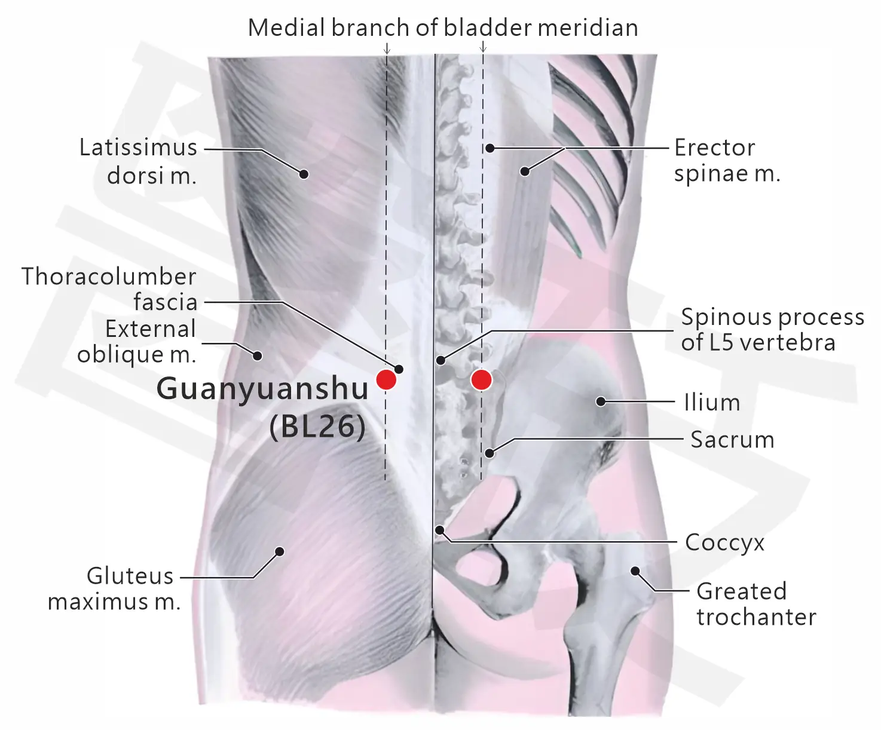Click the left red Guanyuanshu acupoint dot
click(386, 379)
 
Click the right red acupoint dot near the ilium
click(481, 380)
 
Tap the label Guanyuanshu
click(262, 389)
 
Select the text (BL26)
click(317, 427)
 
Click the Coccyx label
click(724, 543)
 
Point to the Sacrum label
click(732, 440)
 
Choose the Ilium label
click(712, 403)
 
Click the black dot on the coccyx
click(440, 530)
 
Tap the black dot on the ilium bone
click(601, 401)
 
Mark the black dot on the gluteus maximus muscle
click(279, 551)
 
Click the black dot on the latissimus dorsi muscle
click(304, 174)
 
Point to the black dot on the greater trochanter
click(635, 571)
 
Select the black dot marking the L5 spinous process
click(440, 360)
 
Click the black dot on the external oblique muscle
click(258, 356)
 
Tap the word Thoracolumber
click(109, 277)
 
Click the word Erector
click(714, 148)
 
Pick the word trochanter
click(756, 617)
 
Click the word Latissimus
click(139, 148)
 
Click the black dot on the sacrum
click(490, 453)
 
